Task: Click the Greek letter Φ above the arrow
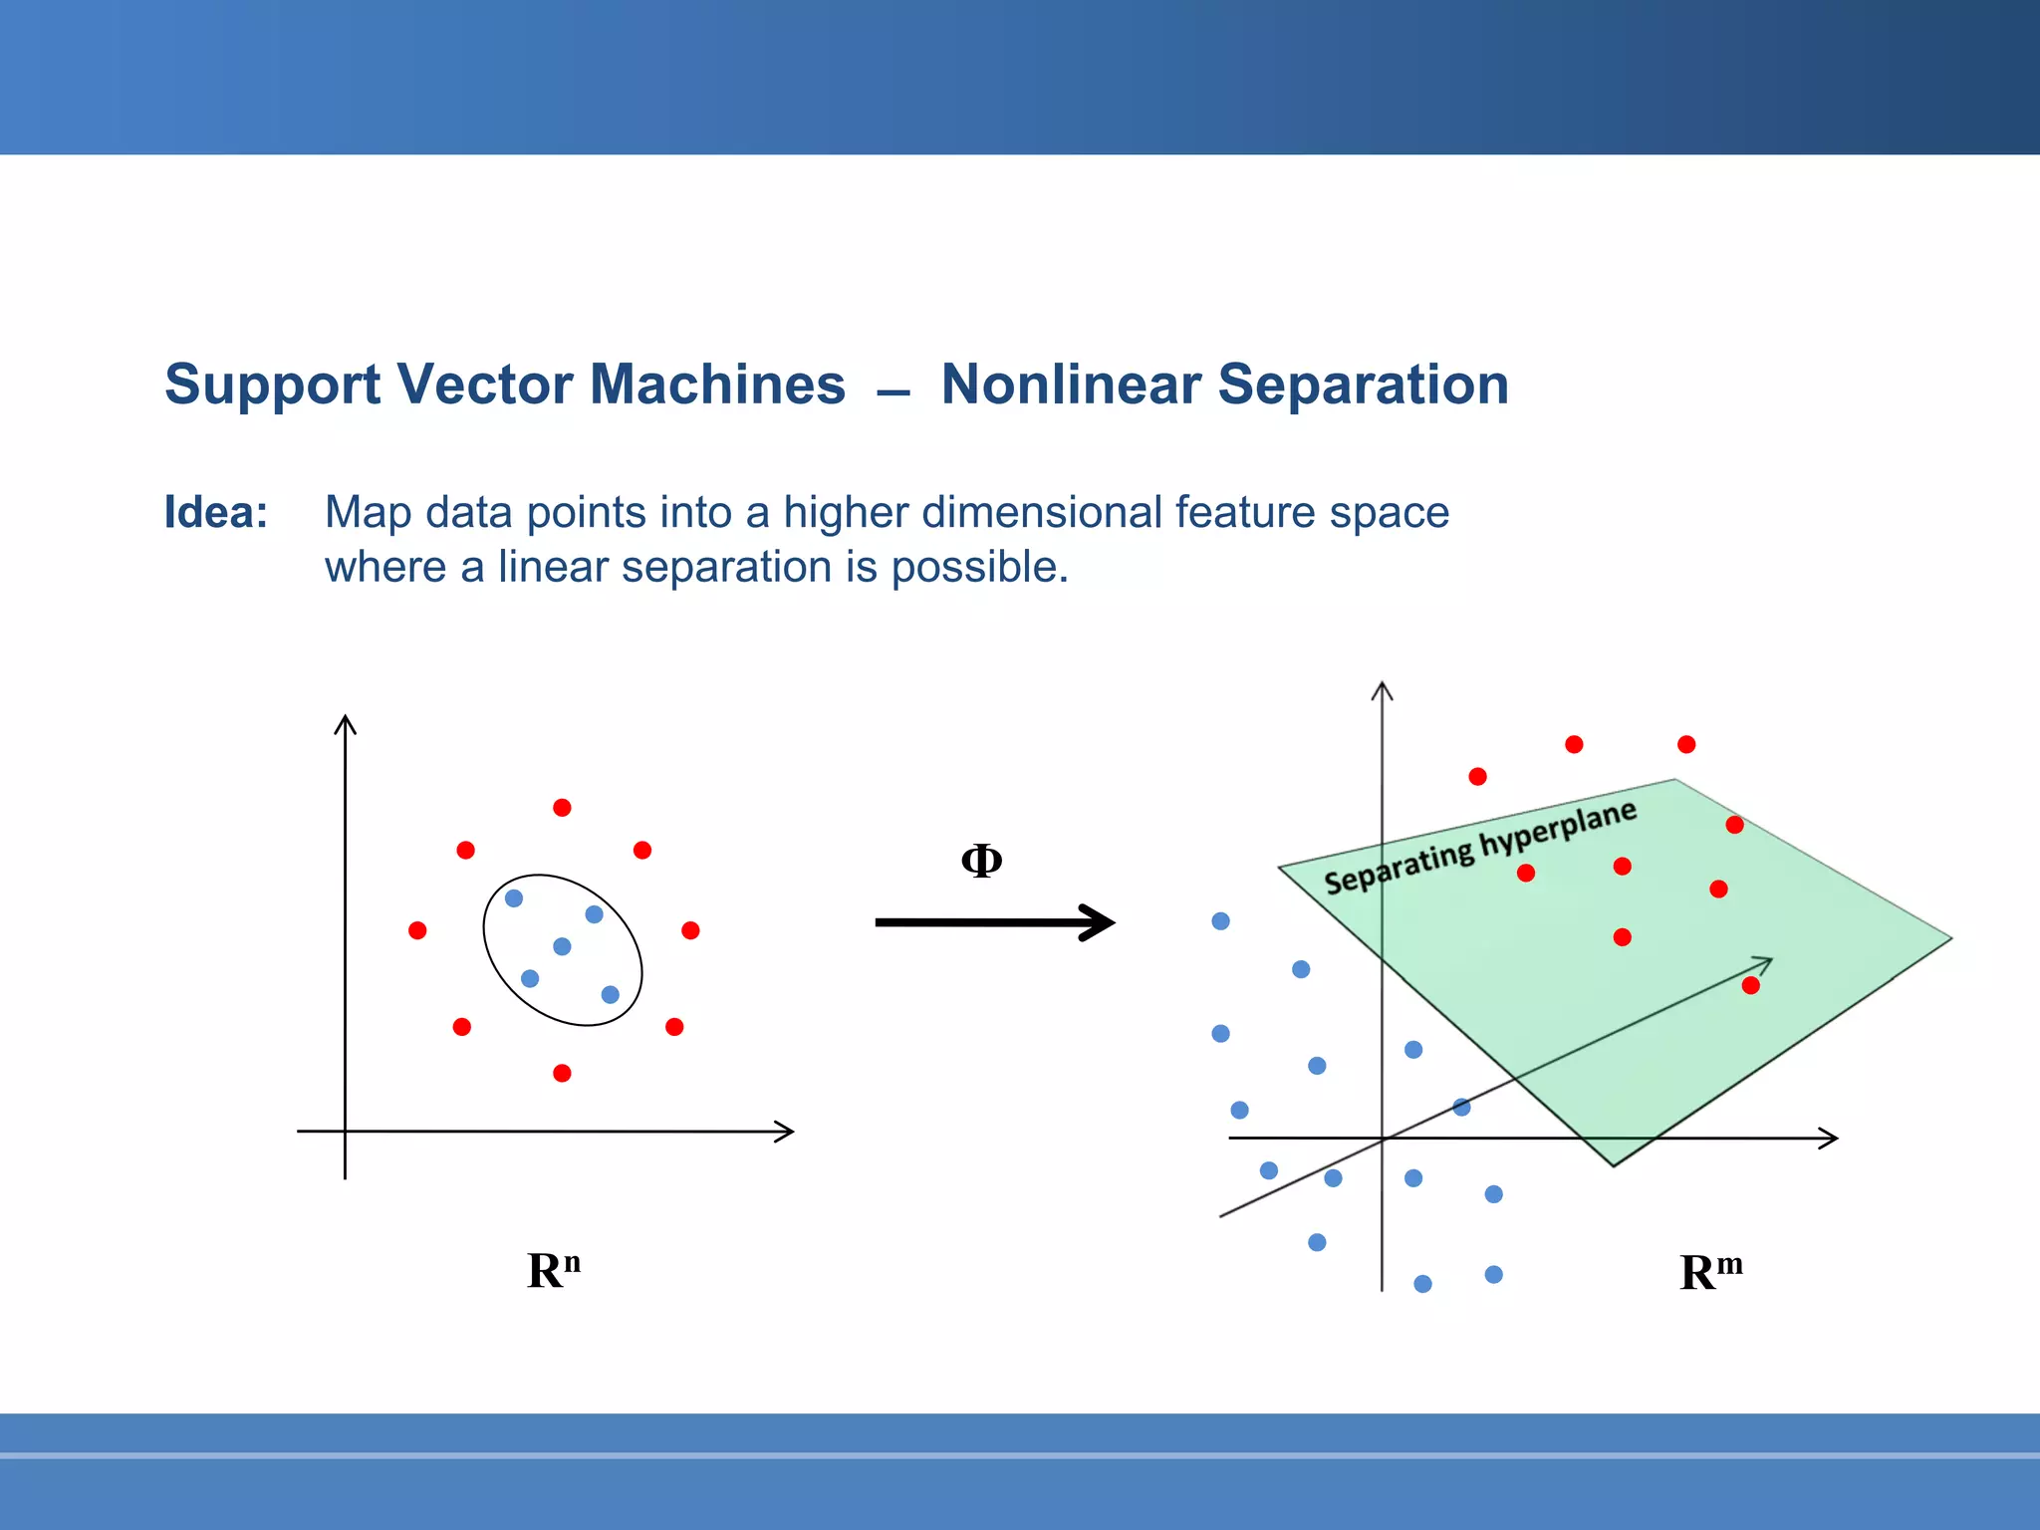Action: [981, 861]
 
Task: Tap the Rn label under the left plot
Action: [554, 1271]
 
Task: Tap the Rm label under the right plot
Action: [1710, 1272]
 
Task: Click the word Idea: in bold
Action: [216, 513]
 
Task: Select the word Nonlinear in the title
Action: [1070, 384]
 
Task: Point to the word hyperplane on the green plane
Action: [1558, 829]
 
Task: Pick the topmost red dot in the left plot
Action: [562, 807]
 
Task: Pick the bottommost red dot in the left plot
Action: [562, 1073]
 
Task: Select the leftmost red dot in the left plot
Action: [417, 930]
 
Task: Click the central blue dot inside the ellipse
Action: [562, 946]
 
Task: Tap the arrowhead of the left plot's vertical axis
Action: [345, 722]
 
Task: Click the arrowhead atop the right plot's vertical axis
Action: [1382, 689]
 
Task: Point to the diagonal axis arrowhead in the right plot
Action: [1765, 962]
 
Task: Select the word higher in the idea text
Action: [845, 513]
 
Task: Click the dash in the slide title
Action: [893, 394]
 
